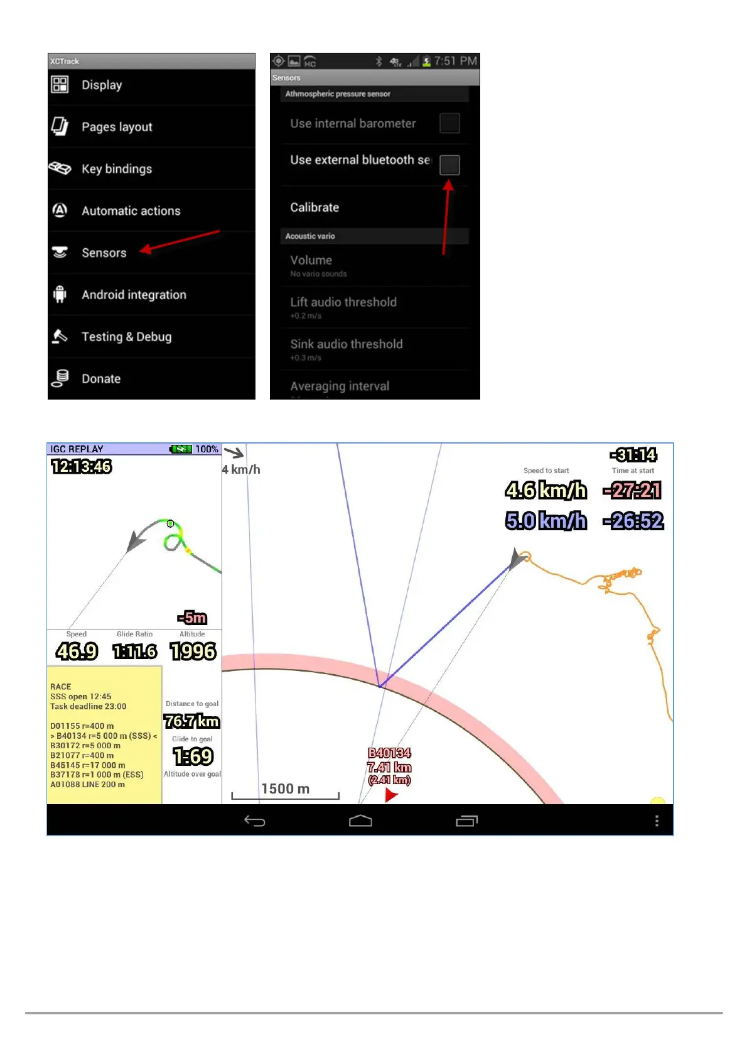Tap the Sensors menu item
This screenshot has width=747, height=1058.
[104, 253]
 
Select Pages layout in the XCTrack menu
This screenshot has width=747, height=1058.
[117, 127]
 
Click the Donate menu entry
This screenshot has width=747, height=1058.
[101, 379]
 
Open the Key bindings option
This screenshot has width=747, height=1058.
[117, 169]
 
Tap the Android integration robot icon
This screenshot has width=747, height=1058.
[60, 294]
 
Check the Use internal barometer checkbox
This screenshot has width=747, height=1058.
[449, 123]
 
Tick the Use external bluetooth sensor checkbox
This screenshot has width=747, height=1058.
[449, 165]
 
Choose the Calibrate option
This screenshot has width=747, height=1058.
[314, 207]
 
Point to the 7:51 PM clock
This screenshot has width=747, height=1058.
[456, 61]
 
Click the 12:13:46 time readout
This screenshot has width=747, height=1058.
[81, 466]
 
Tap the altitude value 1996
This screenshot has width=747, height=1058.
[193, 652]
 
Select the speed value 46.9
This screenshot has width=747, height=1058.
[77, 652]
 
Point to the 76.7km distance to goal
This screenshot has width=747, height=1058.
[192, 721]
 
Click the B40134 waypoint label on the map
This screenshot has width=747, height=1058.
[389, 753]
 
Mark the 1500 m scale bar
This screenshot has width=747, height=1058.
[286, 795]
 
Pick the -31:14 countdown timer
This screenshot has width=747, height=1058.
[633, 455]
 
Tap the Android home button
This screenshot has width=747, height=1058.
[360, 821]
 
